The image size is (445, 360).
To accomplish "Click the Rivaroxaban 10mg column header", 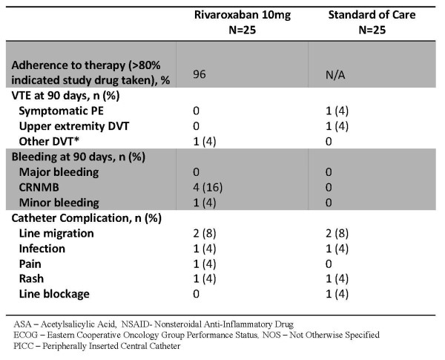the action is tap(243, 22).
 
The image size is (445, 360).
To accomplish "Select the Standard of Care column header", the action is tap(372, 22).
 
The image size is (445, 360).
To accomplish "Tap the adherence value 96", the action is tap(200, 74).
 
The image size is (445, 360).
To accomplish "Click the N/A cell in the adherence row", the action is tap(335, 75).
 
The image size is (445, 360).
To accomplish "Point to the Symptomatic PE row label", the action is tap(62, 111).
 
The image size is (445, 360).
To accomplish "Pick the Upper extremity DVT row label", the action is tap(74, 126).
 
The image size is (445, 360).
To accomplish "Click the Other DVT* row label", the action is tap(49, 142).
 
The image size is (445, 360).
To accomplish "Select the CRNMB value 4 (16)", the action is tap(208, 188).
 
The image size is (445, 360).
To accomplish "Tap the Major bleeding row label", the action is tap(59, 172).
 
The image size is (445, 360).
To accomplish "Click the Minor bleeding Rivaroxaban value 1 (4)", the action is tap(205, 203).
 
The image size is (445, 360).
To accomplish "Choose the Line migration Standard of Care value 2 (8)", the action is tap(337, 234).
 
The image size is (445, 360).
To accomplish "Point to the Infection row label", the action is tap(42, 249).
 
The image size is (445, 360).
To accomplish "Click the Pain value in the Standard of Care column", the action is tap(329, 264).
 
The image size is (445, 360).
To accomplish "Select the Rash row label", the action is tap(31, 279).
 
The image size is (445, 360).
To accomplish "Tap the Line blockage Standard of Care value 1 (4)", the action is tap(337, 294).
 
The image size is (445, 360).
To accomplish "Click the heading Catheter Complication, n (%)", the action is tap(87, 218).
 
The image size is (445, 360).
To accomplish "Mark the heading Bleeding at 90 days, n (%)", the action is tap(79, 157).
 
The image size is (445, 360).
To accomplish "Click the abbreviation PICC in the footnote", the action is tap(23, 346).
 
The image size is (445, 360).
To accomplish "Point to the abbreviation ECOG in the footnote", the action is tap(25, 335).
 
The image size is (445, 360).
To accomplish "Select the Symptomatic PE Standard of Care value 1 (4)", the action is tap(337, 111).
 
